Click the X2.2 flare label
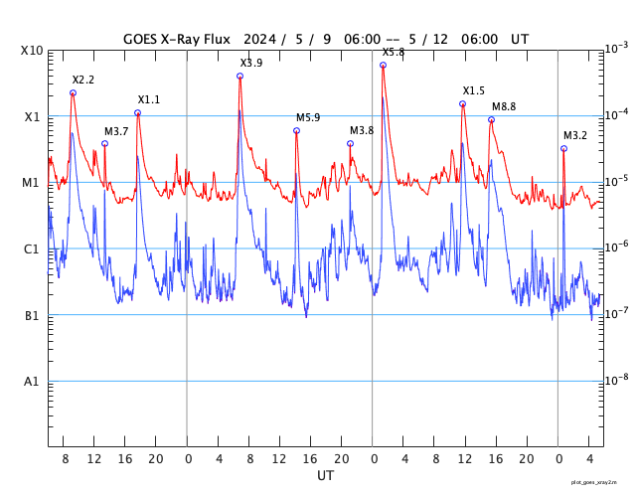[x=83, y=80]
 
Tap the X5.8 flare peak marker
[x=383, y=66]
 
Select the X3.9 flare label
[x=251, y=63]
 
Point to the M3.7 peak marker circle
[x=104, y=144]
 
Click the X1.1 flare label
[x=148, y=99]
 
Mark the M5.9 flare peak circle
[x=296, y=131]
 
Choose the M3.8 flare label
[x=362, y=130]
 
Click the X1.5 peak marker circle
[x=462, y=103]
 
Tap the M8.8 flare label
[x=504, y=106]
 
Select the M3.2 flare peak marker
[x=563, y=149]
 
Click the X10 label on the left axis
[x=32, y=51]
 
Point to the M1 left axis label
[x=32, y=183]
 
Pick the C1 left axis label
[x=32, y=249]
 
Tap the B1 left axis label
[x=32, y=316]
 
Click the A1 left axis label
[x=32, y=382]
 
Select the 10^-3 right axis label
[x=617, y=48]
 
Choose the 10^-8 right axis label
[x=617, y=379]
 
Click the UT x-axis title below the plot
[x=325, y=476]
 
